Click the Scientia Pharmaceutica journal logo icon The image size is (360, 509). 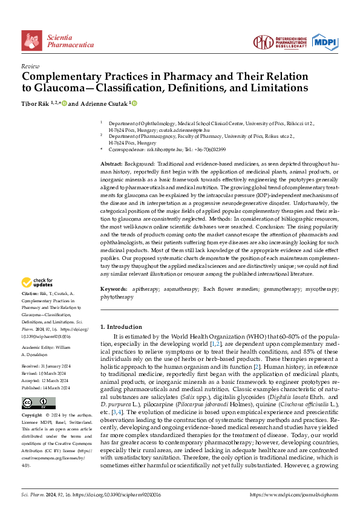[x=32, y=41]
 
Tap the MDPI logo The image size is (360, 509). [x=324, y=41]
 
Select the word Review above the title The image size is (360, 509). [x=30, y=66]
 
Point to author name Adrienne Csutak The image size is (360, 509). [x=102, y=104]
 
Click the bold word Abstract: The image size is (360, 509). [x=113, y=164]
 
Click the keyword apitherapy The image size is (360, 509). [x=146, y=290]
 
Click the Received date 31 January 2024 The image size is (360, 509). [x=54, y=366]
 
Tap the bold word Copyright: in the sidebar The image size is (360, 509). [x=33, y=416]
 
